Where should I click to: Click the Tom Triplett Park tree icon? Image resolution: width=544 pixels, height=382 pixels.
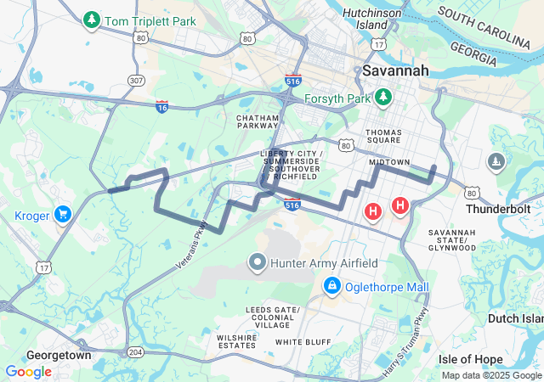(91, 19)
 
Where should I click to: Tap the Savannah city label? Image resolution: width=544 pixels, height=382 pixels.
(395, 71)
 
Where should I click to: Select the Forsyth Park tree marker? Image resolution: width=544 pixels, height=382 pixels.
(382, 97)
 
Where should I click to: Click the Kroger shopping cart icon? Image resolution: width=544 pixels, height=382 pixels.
(62, 216)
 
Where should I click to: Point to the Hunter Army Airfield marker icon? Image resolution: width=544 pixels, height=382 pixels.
(258, 263)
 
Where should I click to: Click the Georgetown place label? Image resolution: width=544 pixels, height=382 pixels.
(59, 355)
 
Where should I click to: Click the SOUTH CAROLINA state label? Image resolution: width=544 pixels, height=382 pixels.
(487, 27)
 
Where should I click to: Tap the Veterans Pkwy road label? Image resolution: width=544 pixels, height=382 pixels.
(193, 245)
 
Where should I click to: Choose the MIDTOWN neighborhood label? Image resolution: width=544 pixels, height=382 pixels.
(389, 162)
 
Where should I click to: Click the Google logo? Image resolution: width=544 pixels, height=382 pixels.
(29, 371)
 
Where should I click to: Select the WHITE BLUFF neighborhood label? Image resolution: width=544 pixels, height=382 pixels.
(303, 341)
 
